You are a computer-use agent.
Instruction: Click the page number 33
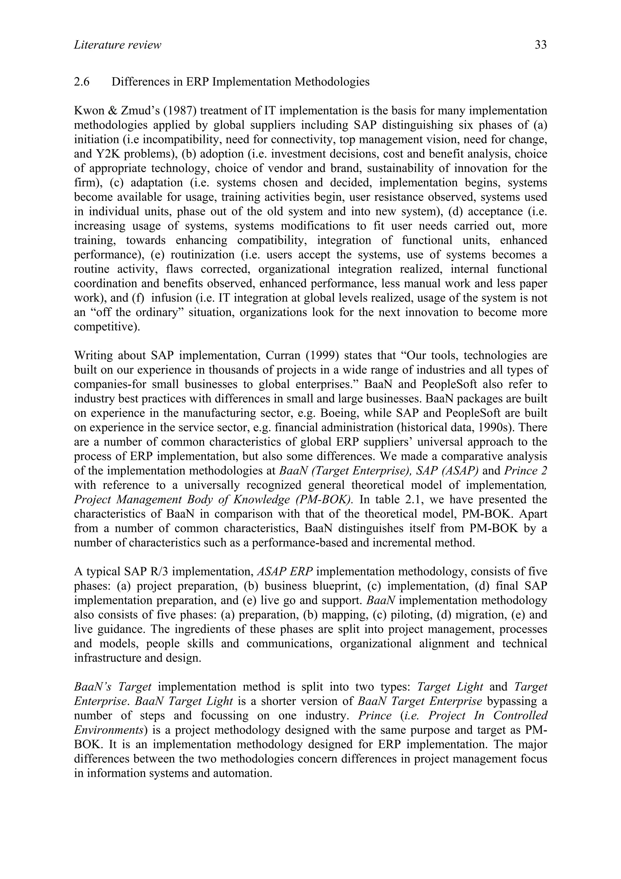pyautogui.click(x=540, y=45)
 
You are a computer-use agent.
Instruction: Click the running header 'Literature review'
pyautogui.click(x=117, y=45)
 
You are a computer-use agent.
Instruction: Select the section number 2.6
pyautogui.click(x=82, y=82)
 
